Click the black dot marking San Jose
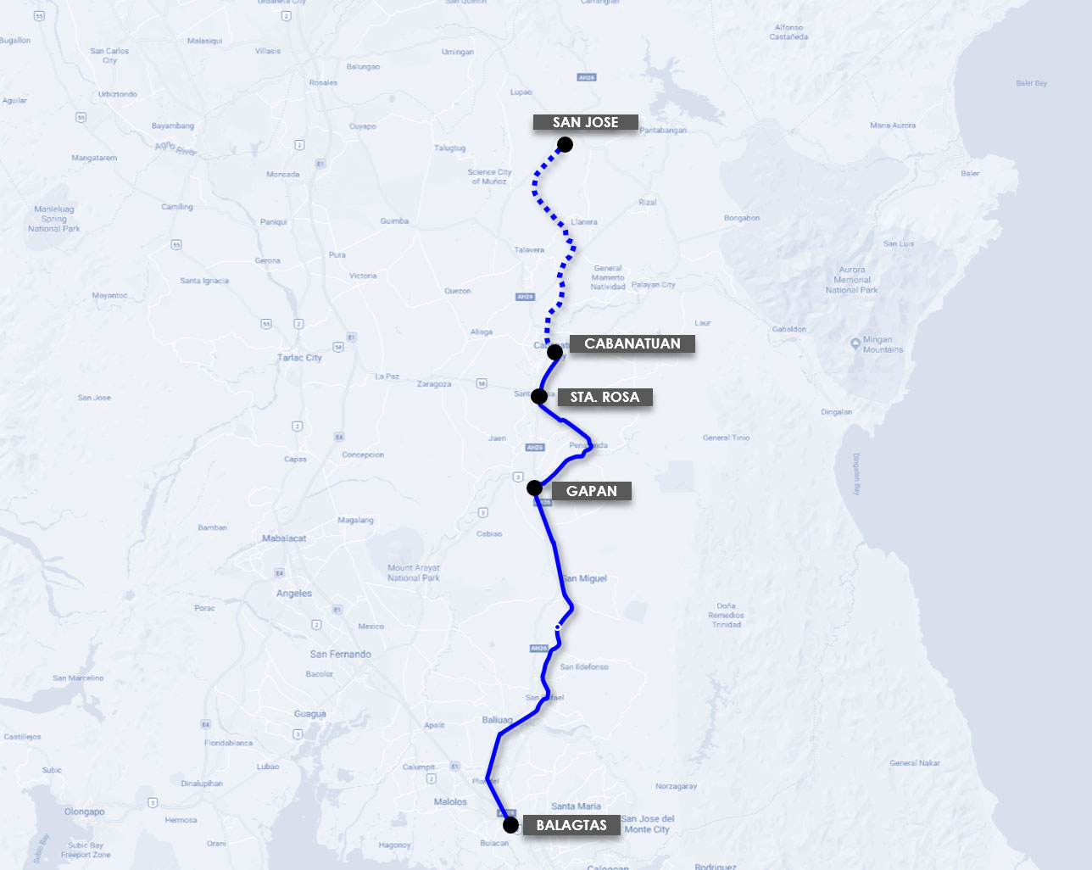(x=565, y=145)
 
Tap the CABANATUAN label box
(x=632, y=343)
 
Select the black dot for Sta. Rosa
(x=538, y=396)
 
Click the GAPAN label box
(x=591, y=491)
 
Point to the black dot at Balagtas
(x=510, y=824)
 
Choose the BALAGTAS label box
(x=571, y=825)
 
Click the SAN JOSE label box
(x=585, y=122)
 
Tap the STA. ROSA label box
(x=604, y=397)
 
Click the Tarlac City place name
(x=299, y=358)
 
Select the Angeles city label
(x=294, y=594)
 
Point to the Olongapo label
(x=85, y=811)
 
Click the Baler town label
(x=970, y=173)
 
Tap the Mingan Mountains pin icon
(x=855, y=343)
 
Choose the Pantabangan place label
(x=663, y=131)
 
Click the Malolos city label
(x=450, y=801)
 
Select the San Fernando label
(x=340, y=654)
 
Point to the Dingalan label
(x=836, y=412)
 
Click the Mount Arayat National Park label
(x=414, y=573)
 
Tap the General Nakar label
(x=915, y=763)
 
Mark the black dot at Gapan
(x=534, y=488)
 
